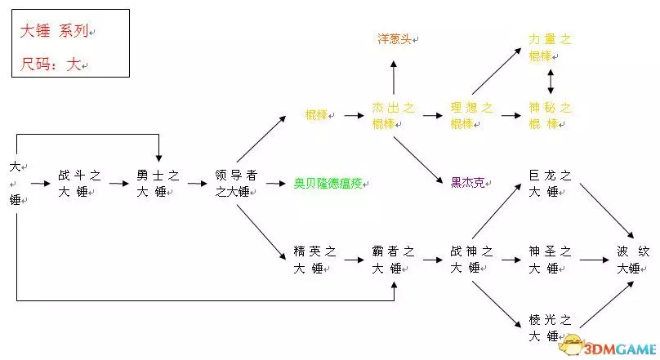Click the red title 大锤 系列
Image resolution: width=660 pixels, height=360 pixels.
coord(55,31)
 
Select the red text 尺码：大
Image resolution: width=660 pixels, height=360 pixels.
coord(50,64)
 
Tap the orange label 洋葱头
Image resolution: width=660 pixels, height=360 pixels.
coord(395,38)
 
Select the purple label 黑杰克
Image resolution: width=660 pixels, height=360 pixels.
coord(468,182)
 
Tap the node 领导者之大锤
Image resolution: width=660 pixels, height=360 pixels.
coord(238,184)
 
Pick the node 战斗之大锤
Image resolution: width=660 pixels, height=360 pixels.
coord(79,184)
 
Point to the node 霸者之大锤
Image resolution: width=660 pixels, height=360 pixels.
coord(394,260)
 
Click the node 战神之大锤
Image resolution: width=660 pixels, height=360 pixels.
coord(471,260)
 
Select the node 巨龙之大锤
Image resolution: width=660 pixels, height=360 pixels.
coord(550,184)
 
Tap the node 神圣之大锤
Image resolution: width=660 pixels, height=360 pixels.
coord(550,260)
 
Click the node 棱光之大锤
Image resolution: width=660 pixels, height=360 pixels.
coord(550,327)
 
